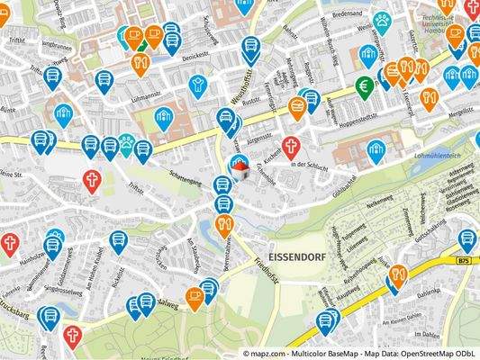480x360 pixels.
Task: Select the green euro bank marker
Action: pos(366,86)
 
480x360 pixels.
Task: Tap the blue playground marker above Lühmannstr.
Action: pos(198,85)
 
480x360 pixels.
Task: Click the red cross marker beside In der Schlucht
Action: pos(290,146)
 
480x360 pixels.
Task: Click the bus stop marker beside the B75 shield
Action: pos(466,239)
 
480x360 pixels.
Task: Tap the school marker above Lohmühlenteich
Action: pos(376,149)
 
